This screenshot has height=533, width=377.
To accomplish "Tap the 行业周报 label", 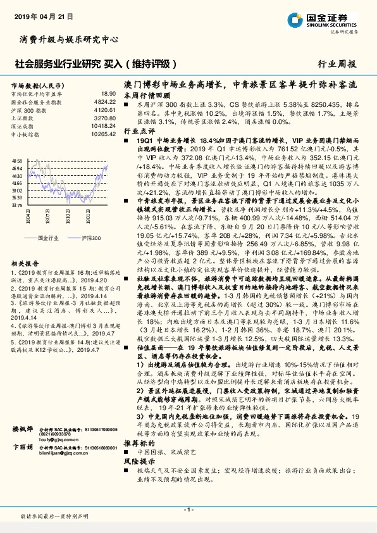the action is click(336, 64).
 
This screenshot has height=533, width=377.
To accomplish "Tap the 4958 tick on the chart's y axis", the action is click(17, 161).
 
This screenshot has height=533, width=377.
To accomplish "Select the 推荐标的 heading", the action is click(139, 461).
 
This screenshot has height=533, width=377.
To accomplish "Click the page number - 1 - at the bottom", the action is click(188, 510).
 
